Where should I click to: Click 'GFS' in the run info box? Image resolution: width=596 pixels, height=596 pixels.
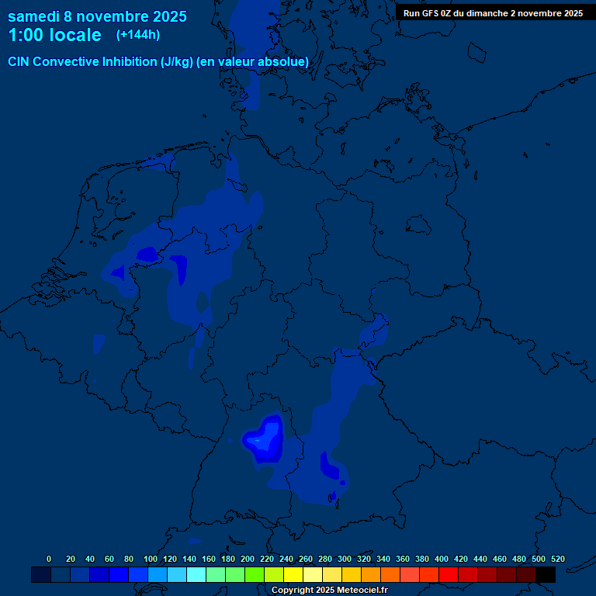pos(434,13)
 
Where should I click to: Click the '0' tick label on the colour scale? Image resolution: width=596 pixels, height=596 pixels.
pos(49,559)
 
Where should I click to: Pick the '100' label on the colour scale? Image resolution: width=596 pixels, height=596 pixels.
pos(150,559)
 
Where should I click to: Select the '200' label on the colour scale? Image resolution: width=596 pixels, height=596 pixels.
pos(247,559)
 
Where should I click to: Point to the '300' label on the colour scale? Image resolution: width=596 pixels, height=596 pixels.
pos(344,559)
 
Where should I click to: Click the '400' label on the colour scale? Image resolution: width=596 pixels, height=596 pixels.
pos(441,559)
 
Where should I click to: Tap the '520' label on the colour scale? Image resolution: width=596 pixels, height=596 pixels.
pos(557,559)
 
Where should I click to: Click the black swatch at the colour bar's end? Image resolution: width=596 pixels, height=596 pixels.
pos(546,574)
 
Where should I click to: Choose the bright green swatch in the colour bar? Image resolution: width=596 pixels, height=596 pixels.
pos(255,574)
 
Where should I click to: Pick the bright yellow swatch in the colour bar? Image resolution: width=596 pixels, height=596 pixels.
pos(293,574)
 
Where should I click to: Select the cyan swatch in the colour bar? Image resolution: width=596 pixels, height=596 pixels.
pos(196,574)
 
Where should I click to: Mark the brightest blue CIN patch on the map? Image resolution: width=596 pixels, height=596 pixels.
pos(265,439)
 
